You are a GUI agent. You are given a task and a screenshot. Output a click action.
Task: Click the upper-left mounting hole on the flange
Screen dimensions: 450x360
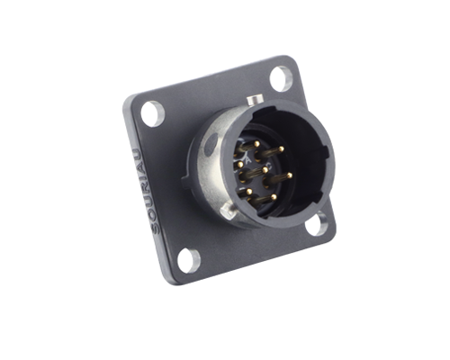pyautogui.click(x=153, y=114)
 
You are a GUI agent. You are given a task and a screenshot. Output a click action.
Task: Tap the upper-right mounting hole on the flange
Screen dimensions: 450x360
pyautogui.click(x=281, y=78)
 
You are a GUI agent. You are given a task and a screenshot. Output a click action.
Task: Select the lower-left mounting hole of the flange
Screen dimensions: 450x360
pyautogui.click(x=188, y=260)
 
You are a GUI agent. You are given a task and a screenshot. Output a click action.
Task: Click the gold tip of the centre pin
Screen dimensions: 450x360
pyautogui.click(x=265, y=170)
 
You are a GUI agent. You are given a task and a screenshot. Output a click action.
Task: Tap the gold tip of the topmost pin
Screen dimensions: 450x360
pyautogui.click(x=256, y=144)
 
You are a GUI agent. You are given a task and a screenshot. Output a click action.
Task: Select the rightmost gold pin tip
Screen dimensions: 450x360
pyautogui.click(x=290, y=175)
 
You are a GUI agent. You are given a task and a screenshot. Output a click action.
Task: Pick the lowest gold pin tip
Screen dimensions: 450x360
pyautogui.click(x=274, y=197)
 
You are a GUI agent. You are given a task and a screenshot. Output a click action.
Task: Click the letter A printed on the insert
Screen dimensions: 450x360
pyautogui.click(x=248, y=160)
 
